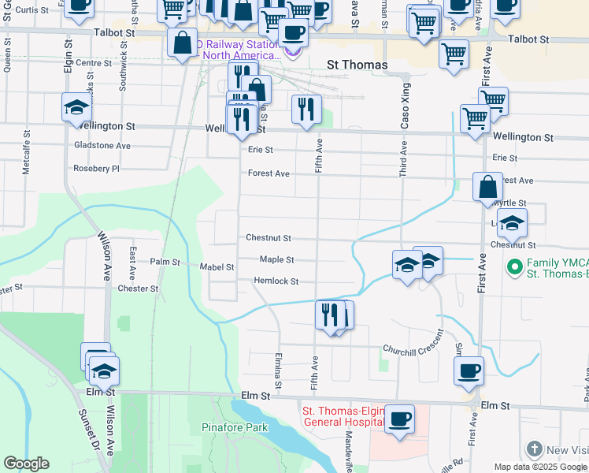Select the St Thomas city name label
tap(357, 65)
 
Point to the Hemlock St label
tap(276, 281)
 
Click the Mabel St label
tap(217, 267)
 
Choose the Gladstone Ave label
tap(102, 146)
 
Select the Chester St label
tap(138, 289)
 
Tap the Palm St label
tap(165, 262)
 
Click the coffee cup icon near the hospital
tap(400, 419)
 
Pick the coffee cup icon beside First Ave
tap(469, 371)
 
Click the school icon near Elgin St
tap(76, 108)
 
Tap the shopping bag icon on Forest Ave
tap(487, 188)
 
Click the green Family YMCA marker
tap(515, 267)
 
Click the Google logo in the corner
tap(26, 464)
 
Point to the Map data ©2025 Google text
tap(539, 467)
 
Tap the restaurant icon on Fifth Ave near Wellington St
tap(306, 109)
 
